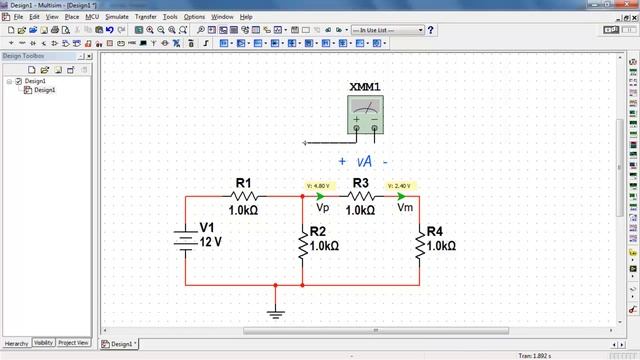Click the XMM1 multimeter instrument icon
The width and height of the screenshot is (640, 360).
tap(364, 115)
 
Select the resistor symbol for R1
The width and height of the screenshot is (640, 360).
tap(244, 197)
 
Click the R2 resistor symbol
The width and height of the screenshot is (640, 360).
tap(302, 245)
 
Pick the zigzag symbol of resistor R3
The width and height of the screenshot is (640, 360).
tap(360, 197)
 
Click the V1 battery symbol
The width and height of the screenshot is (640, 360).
tap(185, 241)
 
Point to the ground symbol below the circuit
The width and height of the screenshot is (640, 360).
tap(275, 312)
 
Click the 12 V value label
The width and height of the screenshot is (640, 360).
tap(210, 242)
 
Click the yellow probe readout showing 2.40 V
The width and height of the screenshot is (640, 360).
tap(398, 185)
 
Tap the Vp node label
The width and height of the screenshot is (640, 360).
tap(322, 209)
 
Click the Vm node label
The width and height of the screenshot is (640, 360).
tap(405, 209)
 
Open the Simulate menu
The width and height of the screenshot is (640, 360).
tap(116, 17)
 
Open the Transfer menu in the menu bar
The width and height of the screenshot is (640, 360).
tap(146, 17)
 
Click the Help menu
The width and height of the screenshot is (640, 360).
tap(246, 17)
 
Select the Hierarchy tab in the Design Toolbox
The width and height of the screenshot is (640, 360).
tap(16, 343)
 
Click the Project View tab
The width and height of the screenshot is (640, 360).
tap(73, 343)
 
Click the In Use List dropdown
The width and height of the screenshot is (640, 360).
tap(390, 30)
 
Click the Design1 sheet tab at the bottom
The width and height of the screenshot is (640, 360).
tap(120, 344)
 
